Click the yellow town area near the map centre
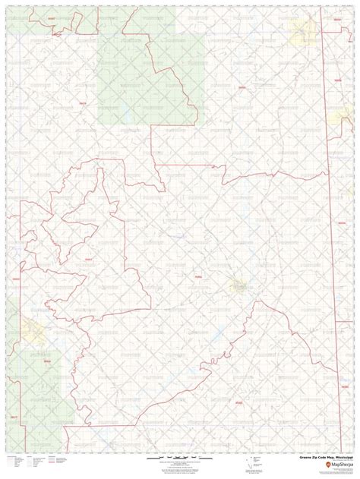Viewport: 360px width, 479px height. click(241, 287)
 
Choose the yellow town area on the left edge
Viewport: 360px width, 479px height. click(32, 329)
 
